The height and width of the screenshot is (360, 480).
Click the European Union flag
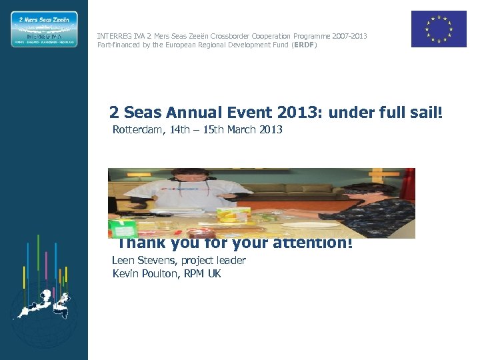coord(438,29)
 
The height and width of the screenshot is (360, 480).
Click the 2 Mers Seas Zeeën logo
coord(44,29)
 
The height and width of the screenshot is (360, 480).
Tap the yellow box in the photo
coord(233,215)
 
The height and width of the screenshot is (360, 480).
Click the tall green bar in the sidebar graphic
coord(38,260)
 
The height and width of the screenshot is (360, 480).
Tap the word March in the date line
coord(241,129)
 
